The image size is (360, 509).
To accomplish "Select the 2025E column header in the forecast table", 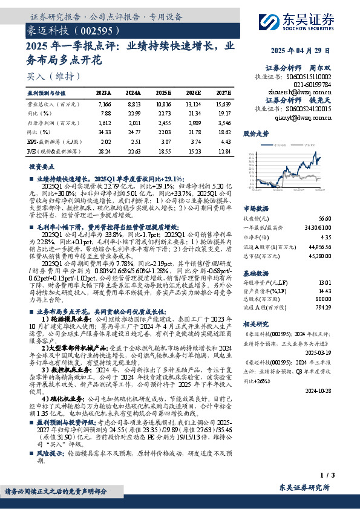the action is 164,93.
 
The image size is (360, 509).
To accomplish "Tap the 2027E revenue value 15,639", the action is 223,104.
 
